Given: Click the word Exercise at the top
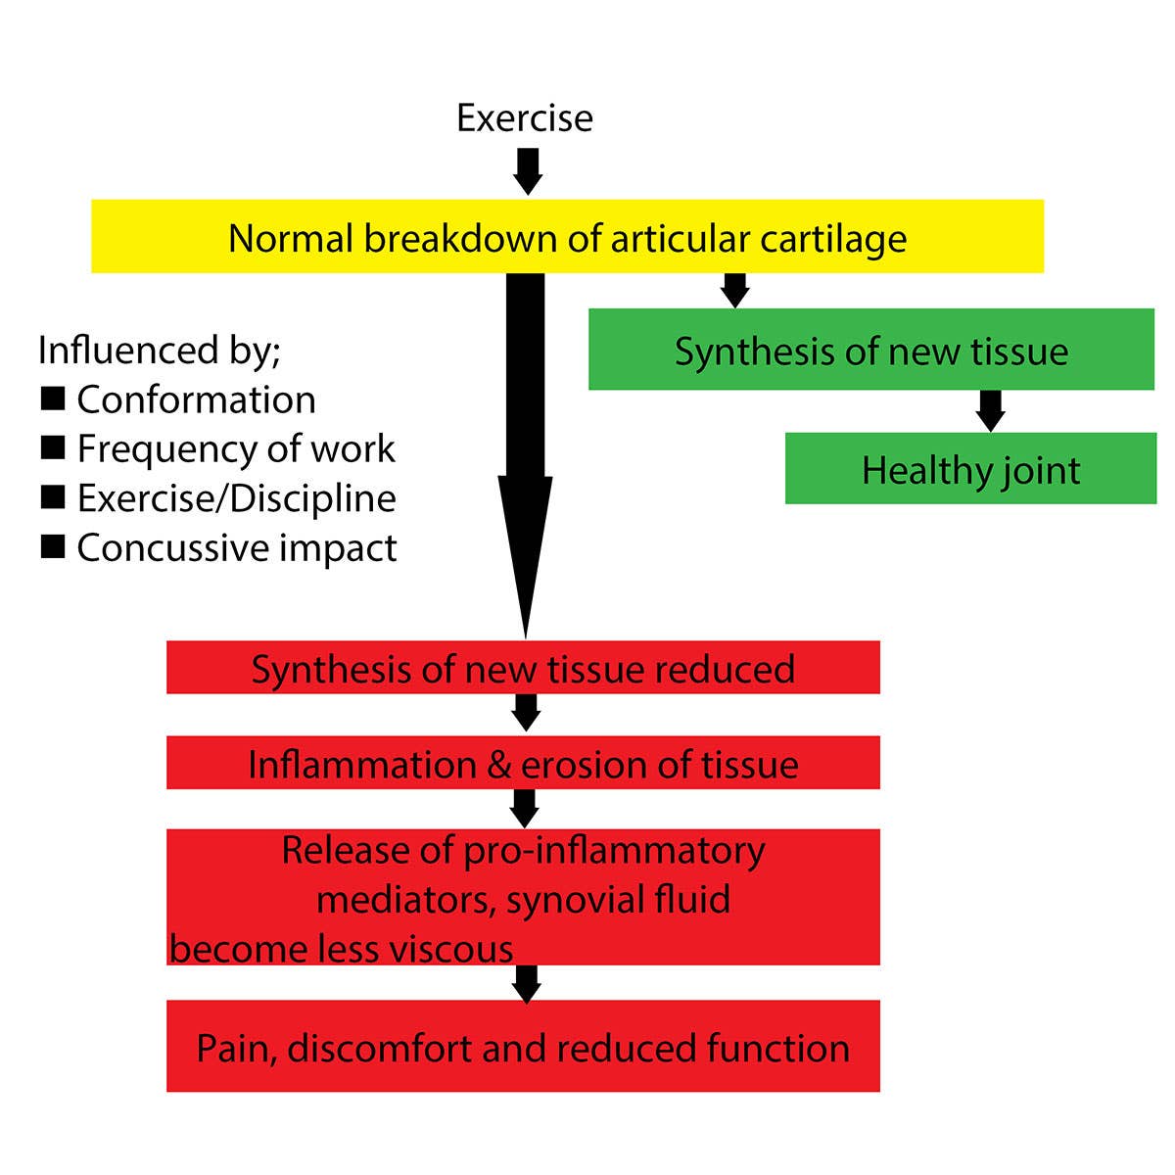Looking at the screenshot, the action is point(525,117).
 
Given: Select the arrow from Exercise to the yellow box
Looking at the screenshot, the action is point(528,171).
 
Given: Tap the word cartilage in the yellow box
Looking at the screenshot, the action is point(833,239).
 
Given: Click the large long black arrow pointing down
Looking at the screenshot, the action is point(526,455).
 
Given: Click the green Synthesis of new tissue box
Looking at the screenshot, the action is point(871,350).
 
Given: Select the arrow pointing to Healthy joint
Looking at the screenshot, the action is point(990,411).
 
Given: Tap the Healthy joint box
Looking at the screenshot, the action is point(970,468).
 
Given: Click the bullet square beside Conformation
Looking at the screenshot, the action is point(53,399).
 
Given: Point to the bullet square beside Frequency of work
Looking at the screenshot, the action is point(53,447).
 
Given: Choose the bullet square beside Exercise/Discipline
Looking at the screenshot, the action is point(53,497).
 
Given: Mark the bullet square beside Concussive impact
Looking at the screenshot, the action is point(53,546).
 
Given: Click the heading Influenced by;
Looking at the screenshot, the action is point(160,352).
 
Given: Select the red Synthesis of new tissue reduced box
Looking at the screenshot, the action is point(523,667).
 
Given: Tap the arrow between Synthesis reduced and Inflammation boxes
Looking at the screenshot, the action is point(526,713).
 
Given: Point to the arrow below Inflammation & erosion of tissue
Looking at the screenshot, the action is point(525,809).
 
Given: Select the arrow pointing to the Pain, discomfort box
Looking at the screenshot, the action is point(527,984).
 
